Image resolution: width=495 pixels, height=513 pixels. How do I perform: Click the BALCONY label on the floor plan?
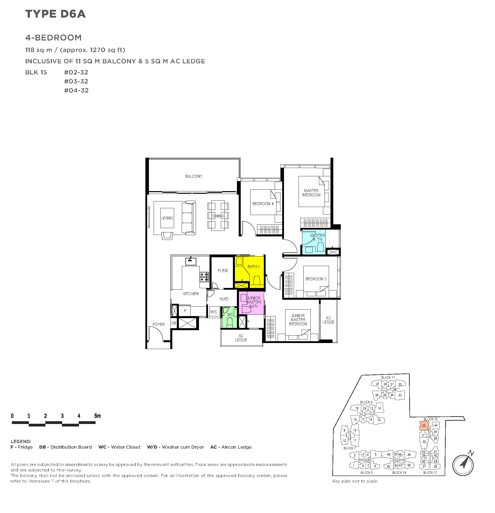pyautogui.click(x=193, y=177)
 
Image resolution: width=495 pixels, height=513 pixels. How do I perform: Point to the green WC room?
pyautogui.click(x=229, y=317)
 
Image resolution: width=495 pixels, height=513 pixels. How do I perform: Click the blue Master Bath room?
pyautogui.click(x=314, y=242)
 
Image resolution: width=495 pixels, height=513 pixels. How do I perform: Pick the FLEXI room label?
pyautogui.click(x=223, y=271)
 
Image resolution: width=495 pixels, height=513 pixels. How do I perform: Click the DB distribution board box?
pyautogui.click(x=174, y=323)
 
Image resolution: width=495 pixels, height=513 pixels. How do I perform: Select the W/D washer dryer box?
pyautogui.click(x=214, y=312)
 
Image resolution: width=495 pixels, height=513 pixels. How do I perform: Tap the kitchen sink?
pyautogui.click(x=191, y=261)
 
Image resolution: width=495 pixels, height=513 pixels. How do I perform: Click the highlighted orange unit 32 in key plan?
pyautogui.click(x=424, y=425)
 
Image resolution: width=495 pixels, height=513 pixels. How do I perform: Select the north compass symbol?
pyautogui.click(x=463, y=465)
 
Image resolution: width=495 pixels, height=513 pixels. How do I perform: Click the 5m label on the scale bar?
pyautogui.click(x=97, y=416)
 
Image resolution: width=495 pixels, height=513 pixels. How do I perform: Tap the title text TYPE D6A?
pyautogui.click(x=56, y=14)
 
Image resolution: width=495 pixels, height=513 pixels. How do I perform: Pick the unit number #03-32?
pyautogui.click(x=76, y=81)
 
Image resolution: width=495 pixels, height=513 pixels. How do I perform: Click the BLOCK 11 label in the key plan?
pyautogui.click(x=388, y=377)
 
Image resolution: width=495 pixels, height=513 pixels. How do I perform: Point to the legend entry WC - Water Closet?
pyautogui.click(x=119, y=447)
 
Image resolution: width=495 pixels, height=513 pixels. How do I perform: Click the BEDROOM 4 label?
pyautogui.click(x=263, y=204)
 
